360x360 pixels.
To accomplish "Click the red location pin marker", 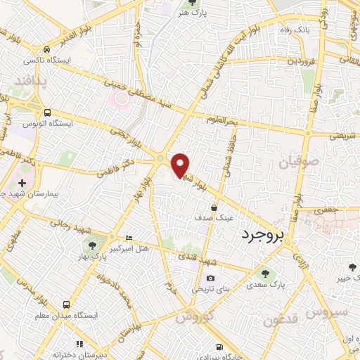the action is [181, 164].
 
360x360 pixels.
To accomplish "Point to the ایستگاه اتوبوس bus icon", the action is [47, 112].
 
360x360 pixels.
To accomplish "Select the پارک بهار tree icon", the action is [91, 245].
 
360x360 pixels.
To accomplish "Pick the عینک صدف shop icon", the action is [214, 207].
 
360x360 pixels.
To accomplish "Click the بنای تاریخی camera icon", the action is [210, 278].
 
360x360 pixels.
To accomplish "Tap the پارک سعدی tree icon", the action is [264, 274].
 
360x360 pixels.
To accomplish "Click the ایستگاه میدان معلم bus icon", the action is [65, 305].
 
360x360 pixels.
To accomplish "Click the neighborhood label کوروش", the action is [193, 318].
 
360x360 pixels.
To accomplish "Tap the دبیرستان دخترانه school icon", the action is [79, 345].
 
